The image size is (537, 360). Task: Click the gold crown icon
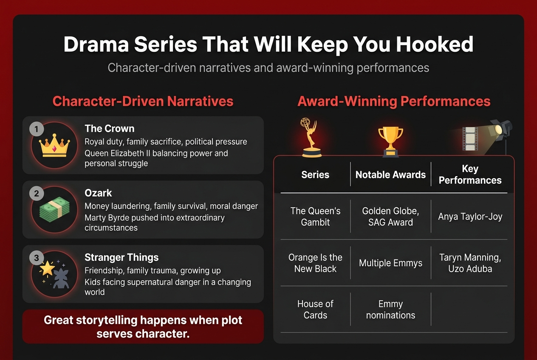(54, 146)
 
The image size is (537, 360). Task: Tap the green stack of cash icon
(54, 210)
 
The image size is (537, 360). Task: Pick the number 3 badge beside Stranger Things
(37, 258)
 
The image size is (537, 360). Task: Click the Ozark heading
(98, 193)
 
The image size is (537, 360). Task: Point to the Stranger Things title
(122, 258)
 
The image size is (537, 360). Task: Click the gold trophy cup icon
(390, 140)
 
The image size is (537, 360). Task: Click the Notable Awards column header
(390, 174)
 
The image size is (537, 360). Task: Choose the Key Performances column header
(470, 174)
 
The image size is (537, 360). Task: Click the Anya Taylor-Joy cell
(470, 217)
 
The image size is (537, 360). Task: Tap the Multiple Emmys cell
(390, 263)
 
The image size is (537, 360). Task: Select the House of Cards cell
(315, 309)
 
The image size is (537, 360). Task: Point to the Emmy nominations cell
(390, 309)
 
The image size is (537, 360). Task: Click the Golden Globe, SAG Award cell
(390, 217)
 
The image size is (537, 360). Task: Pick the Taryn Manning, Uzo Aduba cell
(470, 263)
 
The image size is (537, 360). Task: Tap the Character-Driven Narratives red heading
(143, 101)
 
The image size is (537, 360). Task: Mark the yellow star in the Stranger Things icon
(47, 268)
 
